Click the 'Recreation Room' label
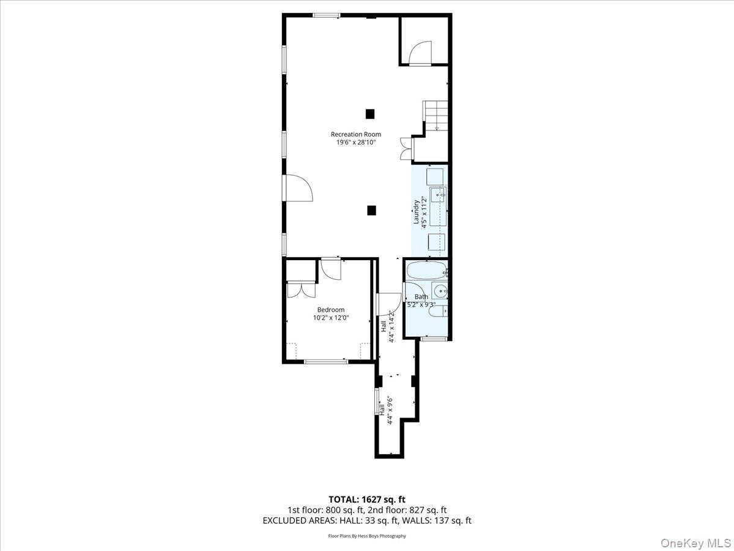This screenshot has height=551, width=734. click(355, 134)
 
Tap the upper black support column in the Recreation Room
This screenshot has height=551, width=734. click(369, 113)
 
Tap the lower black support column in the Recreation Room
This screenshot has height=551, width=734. click(371, 210)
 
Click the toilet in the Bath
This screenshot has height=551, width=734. click(438, 313)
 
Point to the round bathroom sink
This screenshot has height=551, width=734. click(440, 291)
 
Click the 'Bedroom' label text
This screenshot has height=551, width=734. click(330, 310)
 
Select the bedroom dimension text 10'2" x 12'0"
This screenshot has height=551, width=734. click(330, 318)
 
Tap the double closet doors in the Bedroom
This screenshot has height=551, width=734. click(301, 289)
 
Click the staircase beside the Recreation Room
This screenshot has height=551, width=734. click(436, 116)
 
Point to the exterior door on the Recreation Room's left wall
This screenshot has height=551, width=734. click(298, 188)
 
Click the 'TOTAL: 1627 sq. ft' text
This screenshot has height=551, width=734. click(367, 499)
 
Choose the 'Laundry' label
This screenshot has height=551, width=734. click(417, 212)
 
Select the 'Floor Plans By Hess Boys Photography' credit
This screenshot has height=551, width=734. click(367, 536)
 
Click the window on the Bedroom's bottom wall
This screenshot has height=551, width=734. click(326, 362)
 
